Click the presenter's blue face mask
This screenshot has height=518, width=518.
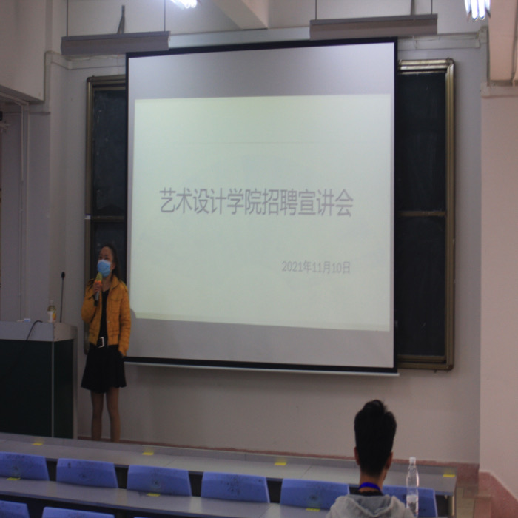point(104,268)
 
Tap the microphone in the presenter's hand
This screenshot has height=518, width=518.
point(98,287)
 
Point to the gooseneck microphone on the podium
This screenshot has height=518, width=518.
point(61,297)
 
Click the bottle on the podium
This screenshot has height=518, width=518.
point(51,311)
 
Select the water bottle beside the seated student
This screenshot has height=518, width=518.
point(412,486)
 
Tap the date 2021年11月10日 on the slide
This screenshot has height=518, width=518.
point(316,267)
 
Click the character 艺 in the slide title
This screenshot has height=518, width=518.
point(167,201)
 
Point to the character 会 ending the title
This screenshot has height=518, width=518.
point(345,204)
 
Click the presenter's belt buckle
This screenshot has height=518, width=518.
point(101,342)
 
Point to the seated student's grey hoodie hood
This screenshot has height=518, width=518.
point(369,505)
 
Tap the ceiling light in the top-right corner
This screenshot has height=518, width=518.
point(477,9)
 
